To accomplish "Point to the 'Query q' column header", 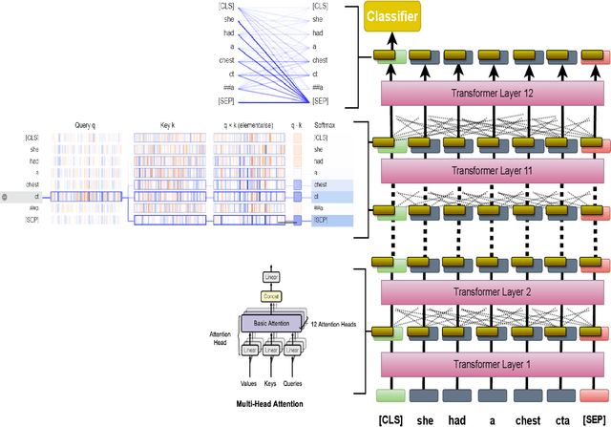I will click(89, 125).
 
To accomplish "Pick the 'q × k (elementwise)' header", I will click(246, 125).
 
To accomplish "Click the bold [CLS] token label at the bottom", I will click(390, 419).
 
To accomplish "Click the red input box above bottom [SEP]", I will click(591, 395).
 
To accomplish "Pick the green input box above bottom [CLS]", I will click(389, 395).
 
